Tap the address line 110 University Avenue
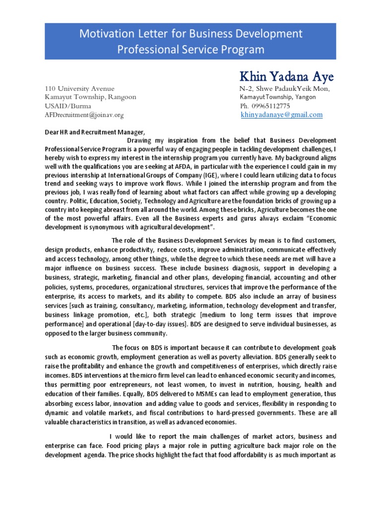[79, 88]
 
